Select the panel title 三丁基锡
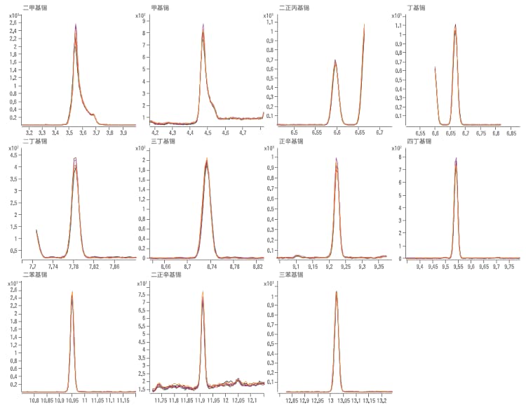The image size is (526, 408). [163, 141]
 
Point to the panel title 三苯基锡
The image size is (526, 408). [290, 275]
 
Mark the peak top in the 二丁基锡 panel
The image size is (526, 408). [75, 159]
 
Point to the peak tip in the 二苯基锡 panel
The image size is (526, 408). [72, 292]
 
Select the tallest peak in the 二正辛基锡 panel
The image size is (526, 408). [203, 292]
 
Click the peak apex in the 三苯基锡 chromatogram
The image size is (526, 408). [336, 292]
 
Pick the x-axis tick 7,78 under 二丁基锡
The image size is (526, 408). [74, 267]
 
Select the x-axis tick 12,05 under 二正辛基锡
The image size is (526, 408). [238, 400]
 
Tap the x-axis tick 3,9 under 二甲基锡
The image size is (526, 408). [123, 131]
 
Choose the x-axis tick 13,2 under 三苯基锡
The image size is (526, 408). [382, 400]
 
